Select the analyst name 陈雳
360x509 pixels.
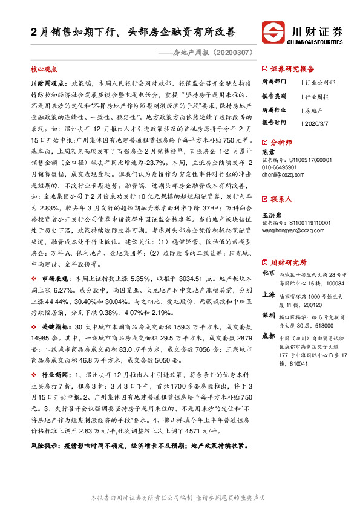click(x=268, y=152)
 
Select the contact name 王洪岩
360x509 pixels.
click(x=270, y=216)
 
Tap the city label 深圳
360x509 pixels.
click(x=268, y=316)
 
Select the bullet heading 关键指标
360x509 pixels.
click(x=53, y=326)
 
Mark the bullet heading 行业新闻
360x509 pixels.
click(x=53, y=375)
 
